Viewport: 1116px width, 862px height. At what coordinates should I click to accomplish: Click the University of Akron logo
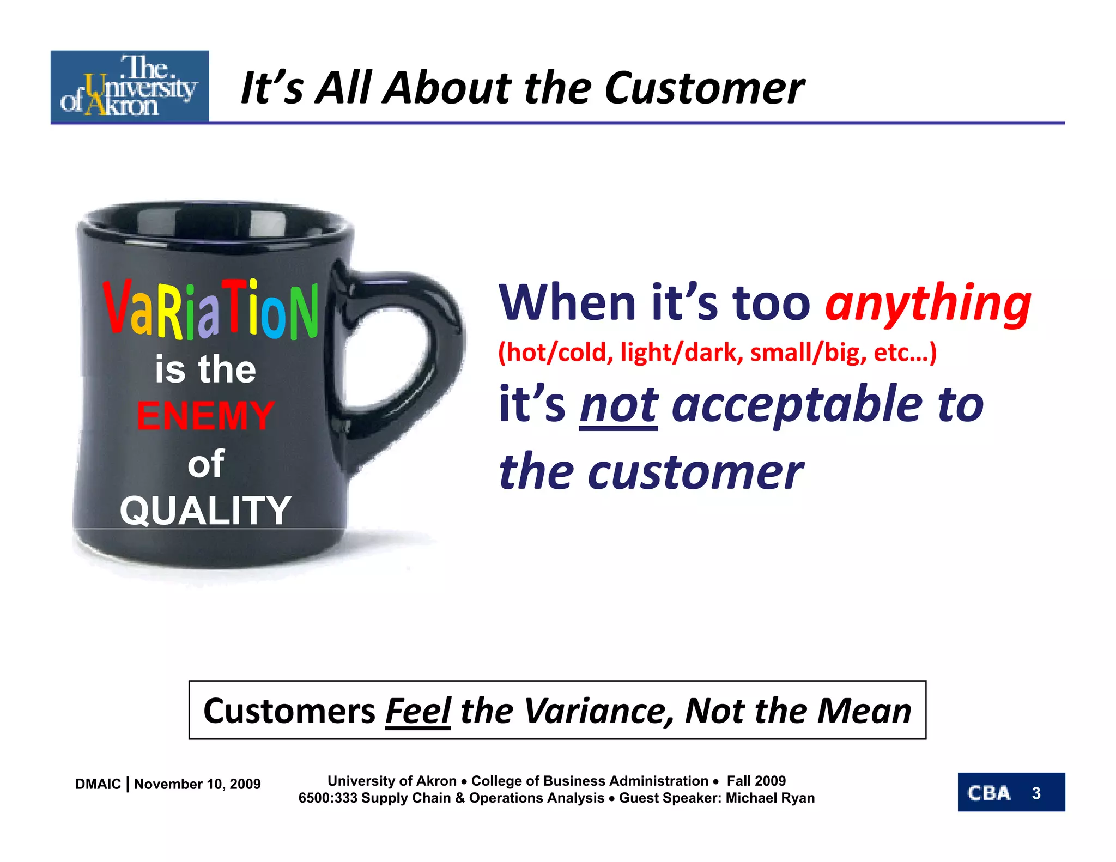(x=130, y=86)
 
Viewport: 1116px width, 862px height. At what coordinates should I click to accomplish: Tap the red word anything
(x=927, y=303)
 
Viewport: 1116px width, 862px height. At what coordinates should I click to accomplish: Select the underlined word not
(x=618, y=405)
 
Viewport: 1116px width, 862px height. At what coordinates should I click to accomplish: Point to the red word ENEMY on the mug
(x=205, y=416)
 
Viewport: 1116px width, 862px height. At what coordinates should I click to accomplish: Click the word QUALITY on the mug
(x=205, y=511)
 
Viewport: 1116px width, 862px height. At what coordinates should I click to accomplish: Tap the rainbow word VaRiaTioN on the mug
(x=210, y=309)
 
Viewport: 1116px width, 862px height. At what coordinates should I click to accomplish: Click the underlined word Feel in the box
(x=418, y=711)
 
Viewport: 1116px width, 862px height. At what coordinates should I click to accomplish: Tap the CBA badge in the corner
(x=989, y=793)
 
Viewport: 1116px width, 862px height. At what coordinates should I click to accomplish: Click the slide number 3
(x=1036, y=793)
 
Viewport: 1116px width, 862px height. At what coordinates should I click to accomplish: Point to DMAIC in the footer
(x=98, y=784)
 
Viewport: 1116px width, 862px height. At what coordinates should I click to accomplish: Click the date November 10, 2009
(x=197, y=784)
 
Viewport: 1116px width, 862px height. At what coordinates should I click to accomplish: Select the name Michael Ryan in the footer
(x=770, y=798)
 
